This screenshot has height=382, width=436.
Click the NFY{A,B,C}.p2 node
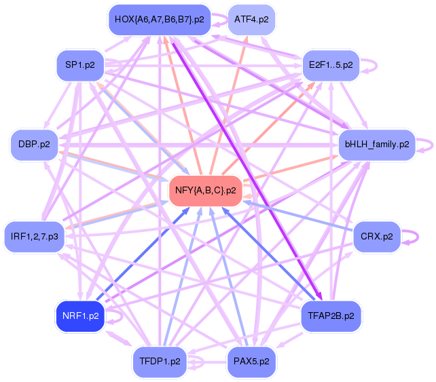tap(206, 191)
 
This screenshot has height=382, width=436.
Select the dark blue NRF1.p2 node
tap(80, 316)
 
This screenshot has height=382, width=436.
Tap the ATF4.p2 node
tap(251, 20)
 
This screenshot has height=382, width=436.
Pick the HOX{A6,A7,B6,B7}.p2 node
tap(160, 20)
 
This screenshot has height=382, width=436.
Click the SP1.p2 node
tap(80, 66)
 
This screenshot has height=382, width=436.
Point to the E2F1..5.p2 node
tap(331, 66)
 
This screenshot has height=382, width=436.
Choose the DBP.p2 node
tap(34, 145)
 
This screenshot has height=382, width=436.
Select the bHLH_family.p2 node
tap(377, 145)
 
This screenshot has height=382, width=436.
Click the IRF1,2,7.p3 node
tap(34, 237)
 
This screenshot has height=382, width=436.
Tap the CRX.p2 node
tap(377, 237)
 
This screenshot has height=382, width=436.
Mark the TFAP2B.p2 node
tap(331, 316)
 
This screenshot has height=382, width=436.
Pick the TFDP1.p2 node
tap(160, 362)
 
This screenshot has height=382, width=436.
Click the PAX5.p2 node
tap(251, 362)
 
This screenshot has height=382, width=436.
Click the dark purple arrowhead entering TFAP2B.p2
tap(319, 296)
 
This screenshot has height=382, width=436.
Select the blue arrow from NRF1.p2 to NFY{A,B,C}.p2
tap(143, 254)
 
